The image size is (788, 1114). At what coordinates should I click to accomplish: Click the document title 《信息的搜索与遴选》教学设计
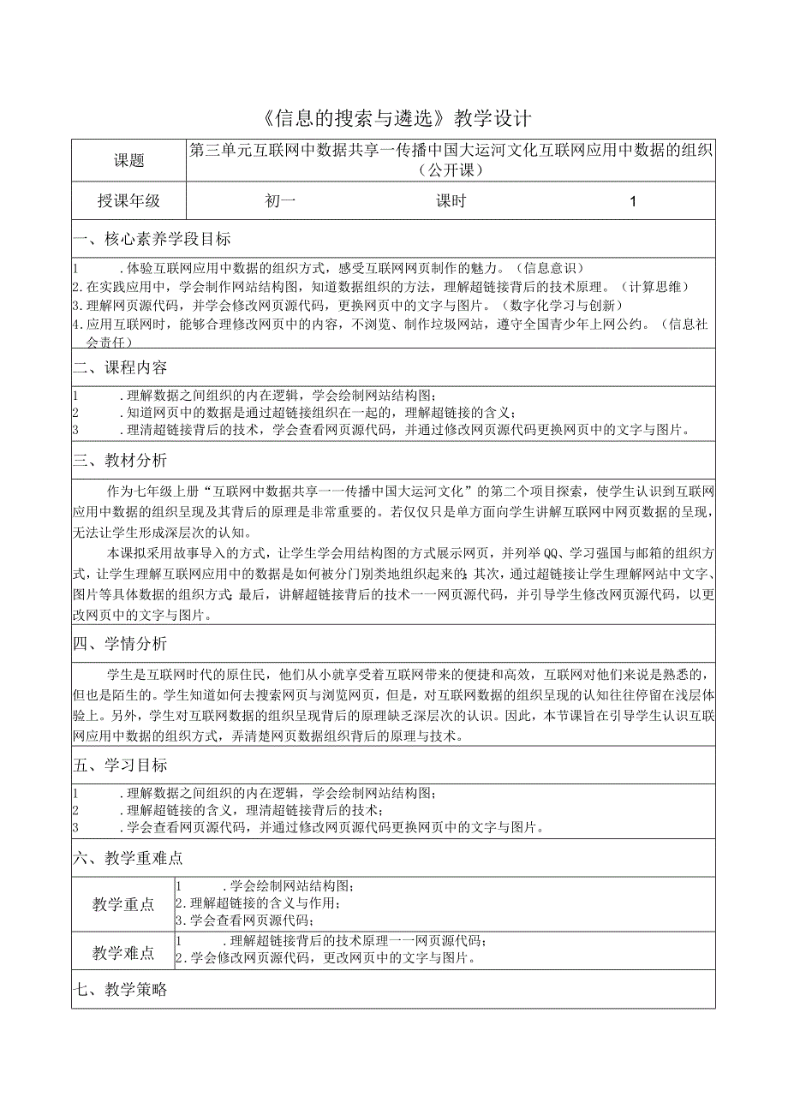tap(394, 117)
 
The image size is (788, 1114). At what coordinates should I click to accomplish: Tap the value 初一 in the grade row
tap(280, 201)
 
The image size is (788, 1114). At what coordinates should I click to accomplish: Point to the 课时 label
tap(451, 201)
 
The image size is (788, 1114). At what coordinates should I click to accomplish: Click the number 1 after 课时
tap(633, 202)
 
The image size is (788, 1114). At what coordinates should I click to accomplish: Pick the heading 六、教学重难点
tap(128, 858)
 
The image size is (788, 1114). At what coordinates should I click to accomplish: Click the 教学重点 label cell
tap(123, 905)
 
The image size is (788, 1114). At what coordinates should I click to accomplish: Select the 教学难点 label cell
tap(123, 953)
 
